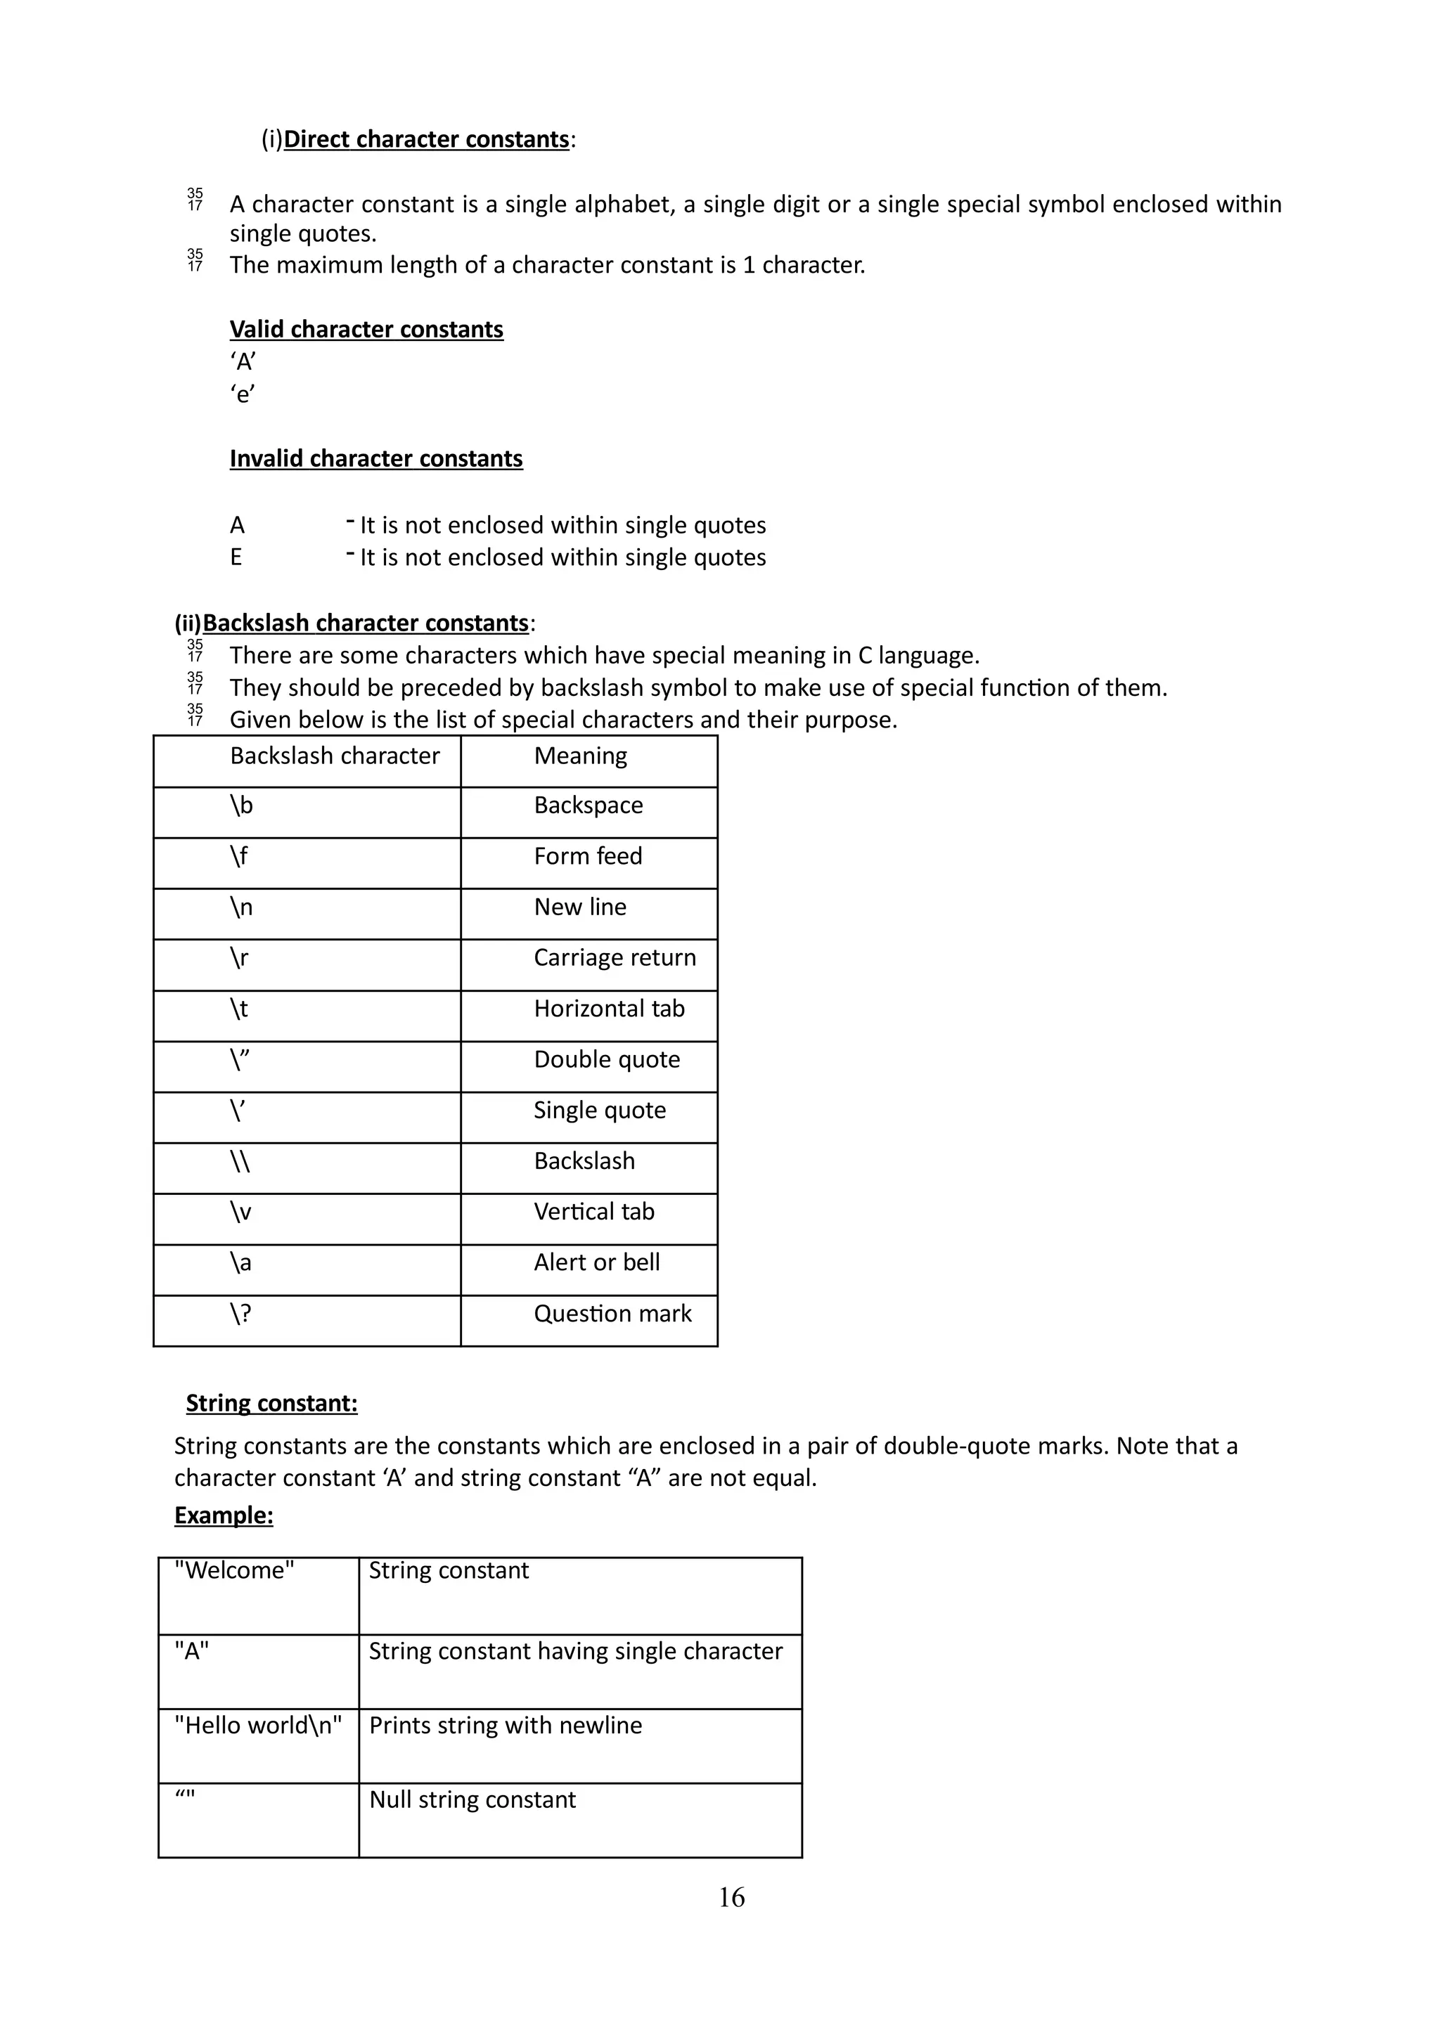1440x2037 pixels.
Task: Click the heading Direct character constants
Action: click(426, 139)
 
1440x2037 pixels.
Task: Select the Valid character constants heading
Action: click(366, 329)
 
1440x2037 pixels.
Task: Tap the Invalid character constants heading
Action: click(376, 459)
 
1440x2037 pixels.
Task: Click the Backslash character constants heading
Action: click(365, 623)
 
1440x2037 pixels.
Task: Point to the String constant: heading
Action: click(271, 1403)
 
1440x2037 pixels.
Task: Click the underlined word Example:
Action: click(224, 1515)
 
